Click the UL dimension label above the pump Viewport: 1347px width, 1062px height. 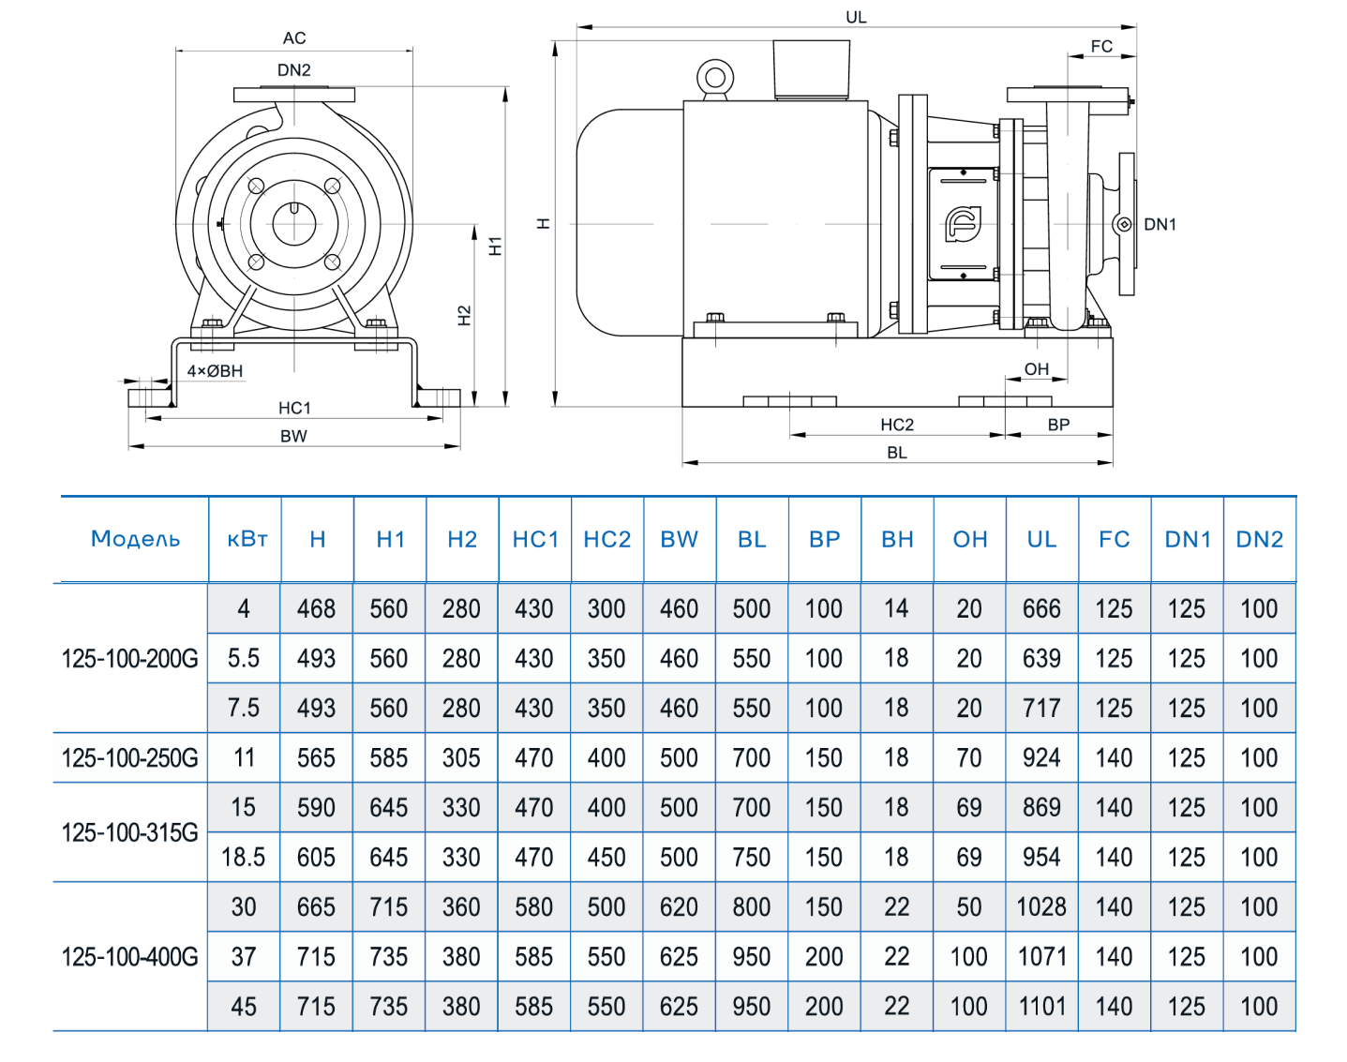(856, 17)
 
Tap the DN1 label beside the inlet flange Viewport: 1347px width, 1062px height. (1160, 224)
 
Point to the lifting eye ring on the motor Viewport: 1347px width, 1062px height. (715, 77)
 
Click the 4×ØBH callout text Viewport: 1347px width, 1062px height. (215, 371)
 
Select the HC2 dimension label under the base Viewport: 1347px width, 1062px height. (896, 425)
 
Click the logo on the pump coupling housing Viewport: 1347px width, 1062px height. (963, 224)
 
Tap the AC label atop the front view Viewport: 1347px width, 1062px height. (294, 38)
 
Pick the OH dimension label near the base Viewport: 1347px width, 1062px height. (1036, 369)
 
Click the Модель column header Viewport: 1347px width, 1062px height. (135, 539)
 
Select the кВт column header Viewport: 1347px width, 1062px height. (247, 539)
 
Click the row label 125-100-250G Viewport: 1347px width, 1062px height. (129, 757)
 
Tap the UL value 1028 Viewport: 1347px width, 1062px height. (1041, 906)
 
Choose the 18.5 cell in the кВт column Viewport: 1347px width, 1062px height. (243, 857)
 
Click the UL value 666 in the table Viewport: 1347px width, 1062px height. (1041, 608)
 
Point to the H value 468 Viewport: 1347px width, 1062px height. (316, 608)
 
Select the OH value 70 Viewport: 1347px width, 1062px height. (969, 757)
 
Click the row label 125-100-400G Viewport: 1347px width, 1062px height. (129, 957)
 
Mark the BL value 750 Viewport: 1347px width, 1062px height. (751, 857)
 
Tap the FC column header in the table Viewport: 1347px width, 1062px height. (1114, 539)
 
